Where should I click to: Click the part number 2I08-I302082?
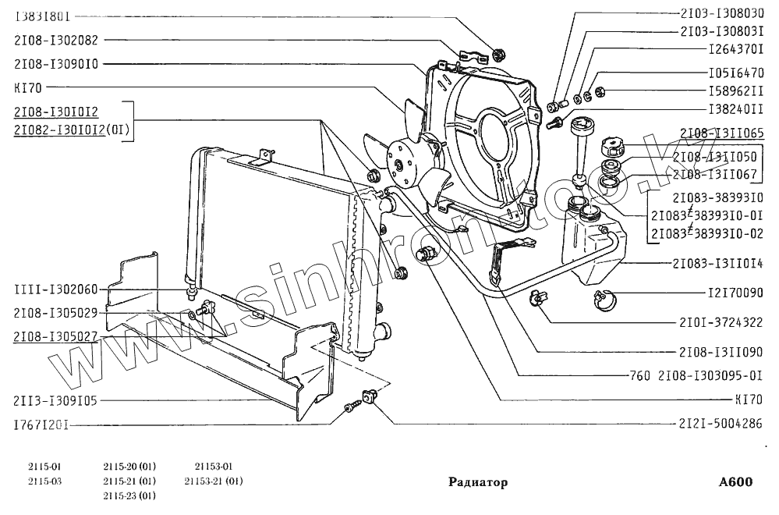(x=57, y=39)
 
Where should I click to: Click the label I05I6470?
(x=735, y=73)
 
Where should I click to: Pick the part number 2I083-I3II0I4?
(x=717, y=265)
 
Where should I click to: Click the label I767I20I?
(x=43, y=426)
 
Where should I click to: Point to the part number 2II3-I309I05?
(x=55, y=401)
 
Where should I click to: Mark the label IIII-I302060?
(x=55, y=289)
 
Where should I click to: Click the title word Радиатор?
(x=478, y=482)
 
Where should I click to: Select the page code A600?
(x=735, y=481)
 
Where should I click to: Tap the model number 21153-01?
(x=214, y=467)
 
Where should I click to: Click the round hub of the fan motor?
(x=400, y=165)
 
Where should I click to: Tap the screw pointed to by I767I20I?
(x=349, y=407)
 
